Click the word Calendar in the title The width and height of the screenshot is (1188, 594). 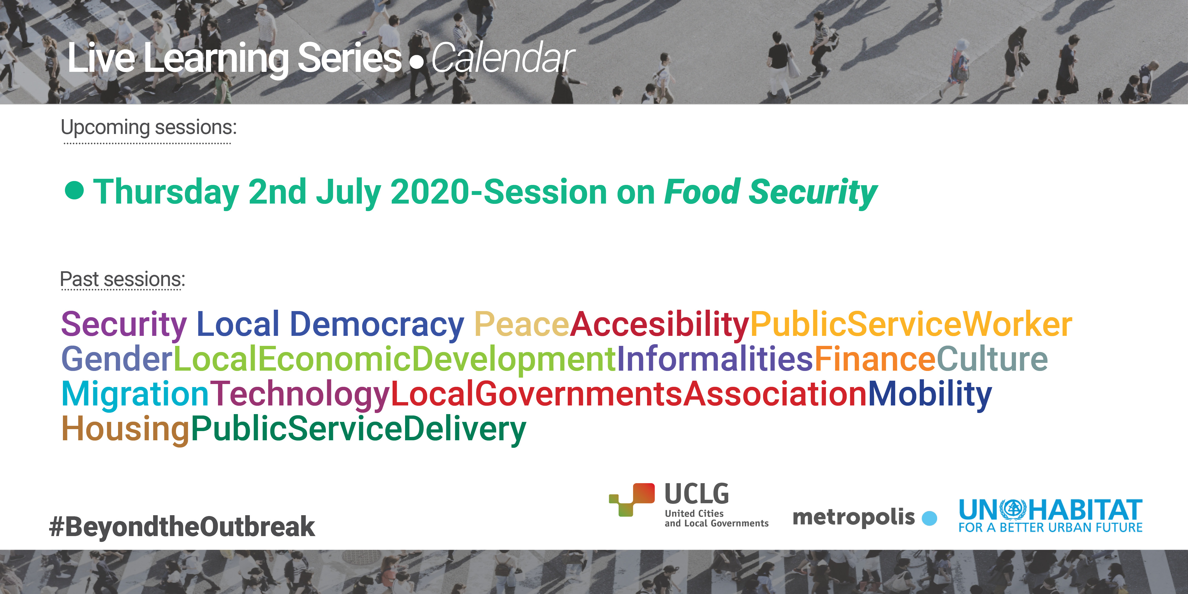(503, 58)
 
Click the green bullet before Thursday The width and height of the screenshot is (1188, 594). (74, 190)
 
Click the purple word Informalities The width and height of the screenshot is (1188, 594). (715, 359)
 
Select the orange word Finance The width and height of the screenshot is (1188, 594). (875, 359)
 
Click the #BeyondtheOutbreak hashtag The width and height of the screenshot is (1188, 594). (182, 527)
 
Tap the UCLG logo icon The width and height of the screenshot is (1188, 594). (632, 500)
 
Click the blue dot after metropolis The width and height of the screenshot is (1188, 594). (929, 518)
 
